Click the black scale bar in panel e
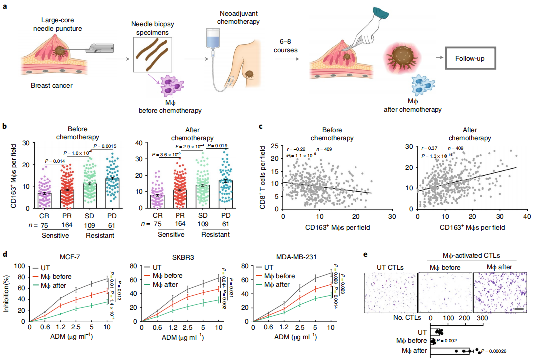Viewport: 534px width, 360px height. point(518,309)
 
